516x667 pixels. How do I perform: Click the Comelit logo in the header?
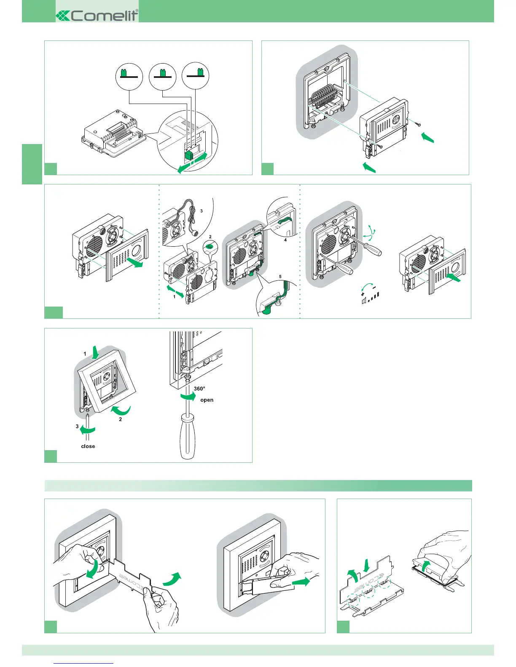(x=97, y=16)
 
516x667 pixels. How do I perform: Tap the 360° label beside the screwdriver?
(x=199, y=389)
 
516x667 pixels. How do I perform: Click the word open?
(x=207, y=400)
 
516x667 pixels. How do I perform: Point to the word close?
(x=88, y=446)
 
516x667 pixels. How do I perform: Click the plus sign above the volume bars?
(x=363, y=294)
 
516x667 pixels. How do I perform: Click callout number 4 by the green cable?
(x=285, y=240)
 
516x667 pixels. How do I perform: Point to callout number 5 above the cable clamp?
(x=280, y=277)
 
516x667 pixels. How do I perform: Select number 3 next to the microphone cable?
(x=202, y=211)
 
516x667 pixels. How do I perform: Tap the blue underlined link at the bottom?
(x=84, y=663)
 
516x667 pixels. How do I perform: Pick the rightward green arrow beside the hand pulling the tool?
(x=300, y=582)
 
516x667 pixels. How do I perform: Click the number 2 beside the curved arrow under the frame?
(x=120, y=419)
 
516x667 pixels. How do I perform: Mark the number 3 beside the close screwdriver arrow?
(x=77, y=427)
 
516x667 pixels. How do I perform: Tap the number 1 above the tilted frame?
(x=85, y=354)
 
